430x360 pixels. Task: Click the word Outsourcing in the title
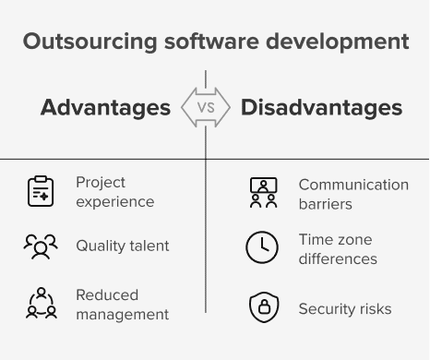pos(90,42)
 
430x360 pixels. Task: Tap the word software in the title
pos(211,42)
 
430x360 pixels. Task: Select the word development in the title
pos(338,42)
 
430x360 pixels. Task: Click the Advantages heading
pos(105,108)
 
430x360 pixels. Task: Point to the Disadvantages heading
pos(321,108)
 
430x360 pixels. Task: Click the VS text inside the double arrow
pos(206,108)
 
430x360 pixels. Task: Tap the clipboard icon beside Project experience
pos(41,191)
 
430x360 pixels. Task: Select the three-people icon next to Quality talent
pos(41,246)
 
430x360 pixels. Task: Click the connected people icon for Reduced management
pos(42,303)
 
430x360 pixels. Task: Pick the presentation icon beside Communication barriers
pos(264,193)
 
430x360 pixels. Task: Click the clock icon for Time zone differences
pos(262,247)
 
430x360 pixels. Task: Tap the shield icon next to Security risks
pos(264,307)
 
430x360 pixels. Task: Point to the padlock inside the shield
pos(264,306)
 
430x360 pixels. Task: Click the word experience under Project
pos(115,202)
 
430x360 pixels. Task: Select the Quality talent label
pos(123,246)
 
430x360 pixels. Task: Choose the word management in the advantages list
pos(123,315)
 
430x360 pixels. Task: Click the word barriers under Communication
pos(326,204)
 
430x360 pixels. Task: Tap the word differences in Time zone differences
pos(338,259)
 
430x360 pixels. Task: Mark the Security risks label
pos(345,309)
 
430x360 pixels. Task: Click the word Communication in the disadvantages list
pos(353,185)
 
